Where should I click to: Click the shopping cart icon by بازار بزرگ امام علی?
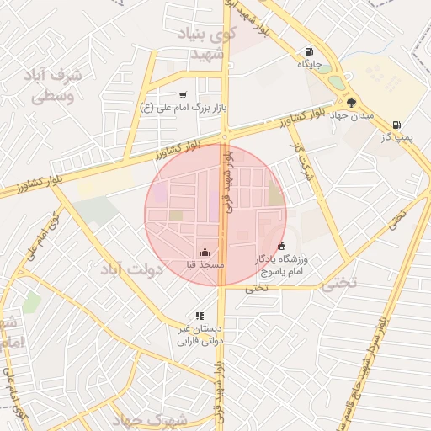coord(184,95)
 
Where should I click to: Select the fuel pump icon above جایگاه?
coord(310,51)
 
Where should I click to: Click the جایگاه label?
coord(310,63)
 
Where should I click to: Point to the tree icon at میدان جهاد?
coord(352,103)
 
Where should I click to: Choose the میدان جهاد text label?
coord(352,115)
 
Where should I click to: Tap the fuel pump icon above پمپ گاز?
coord(396,125)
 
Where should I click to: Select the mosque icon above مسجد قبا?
coord(205,252)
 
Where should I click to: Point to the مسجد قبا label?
coord(205,264)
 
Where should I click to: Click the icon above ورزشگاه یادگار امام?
coord(280,246)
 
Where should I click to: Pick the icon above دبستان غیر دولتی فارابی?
coord(200,316)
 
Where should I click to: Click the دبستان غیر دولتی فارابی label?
coord(198,335)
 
